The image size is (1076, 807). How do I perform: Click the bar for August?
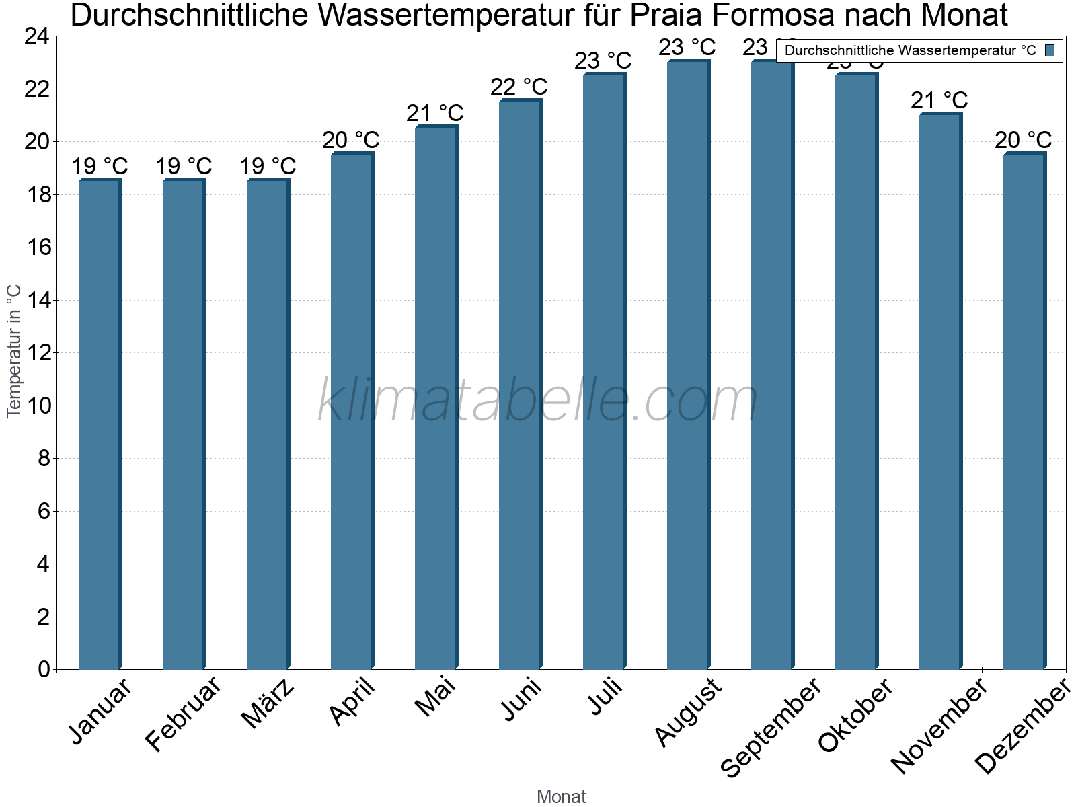pos(688,364)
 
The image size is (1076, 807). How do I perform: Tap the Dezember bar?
pos(1024,411)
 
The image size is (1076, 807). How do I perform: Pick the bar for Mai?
pos(436,397)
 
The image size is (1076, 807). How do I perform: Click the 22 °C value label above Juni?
pos(518,87)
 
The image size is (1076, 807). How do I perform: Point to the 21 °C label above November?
pos(939,101)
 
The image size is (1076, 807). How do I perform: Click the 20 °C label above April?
pos(350,141)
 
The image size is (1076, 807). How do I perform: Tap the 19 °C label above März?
pos(268,166)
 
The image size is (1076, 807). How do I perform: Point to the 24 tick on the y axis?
pos(37,36)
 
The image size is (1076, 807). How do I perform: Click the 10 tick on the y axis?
pos(37,406)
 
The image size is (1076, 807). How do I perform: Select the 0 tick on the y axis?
pos(44,669)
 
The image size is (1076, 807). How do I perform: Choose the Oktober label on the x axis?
pos(855,715)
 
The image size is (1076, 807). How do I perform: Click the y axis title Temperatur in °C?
pos(14,351)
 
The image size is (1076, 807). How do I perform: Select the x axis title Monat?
pos(561,796)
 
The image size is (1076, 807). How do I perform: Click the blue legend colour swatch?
pos(1050,50)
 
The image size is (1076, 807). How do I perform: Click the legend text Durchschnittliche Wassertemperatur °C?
pos(910,50)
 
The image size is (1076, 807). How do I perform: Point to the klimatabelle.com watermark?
pos(538,401)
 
